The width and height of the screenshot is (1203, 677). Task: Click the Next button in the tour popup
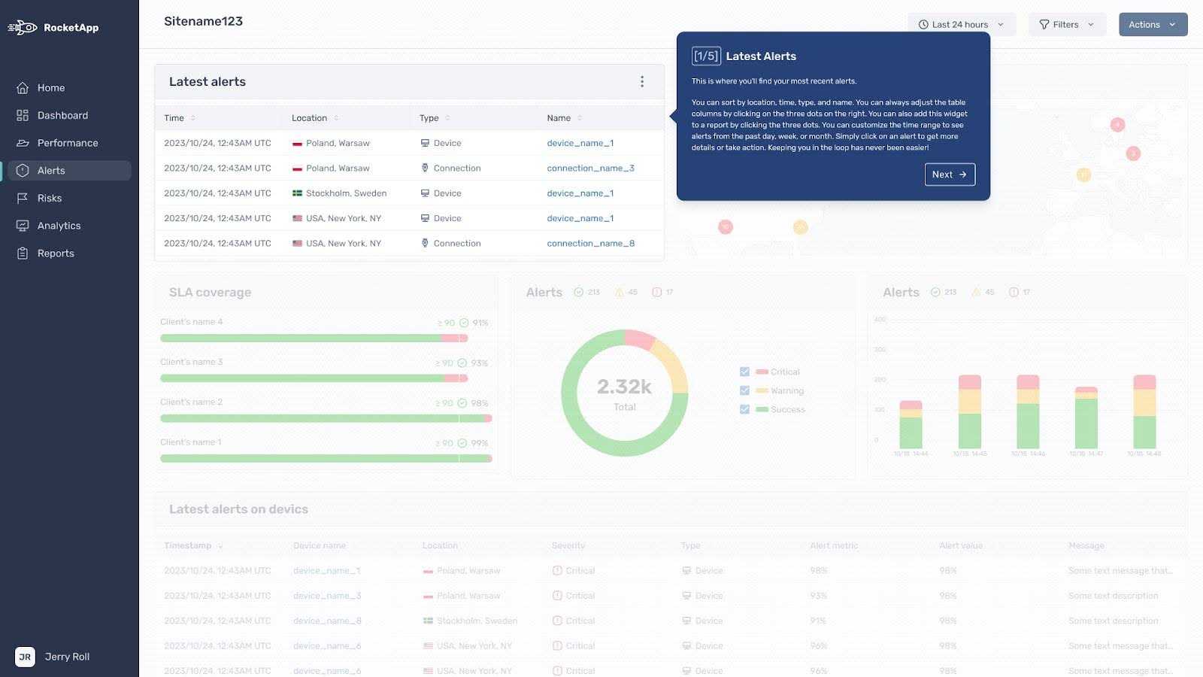(x=950, y=175)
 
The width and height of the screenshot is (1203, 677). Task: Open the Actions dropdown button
(x=1153, y=25)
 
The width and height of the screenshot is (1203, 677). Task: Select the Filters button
(x=1066, y=25)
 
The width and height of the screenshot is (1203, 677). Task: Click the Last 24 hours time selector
(x=961, y=25)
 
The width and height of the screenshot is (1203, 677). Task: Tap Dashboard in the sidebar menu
(x=62, y=116)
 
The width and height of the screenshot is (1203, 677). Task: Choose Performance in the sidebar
(x=67, y=143)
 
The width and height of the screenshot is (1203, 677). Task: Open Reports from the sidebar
(x=56, y=253)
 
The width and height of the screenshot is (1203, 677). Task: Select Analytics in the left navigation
(x=59, y=226)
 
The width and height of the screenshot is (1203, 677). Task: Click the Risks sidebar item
(x=50, y=199)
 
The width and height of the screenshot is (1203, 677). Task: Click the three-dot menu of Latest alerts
(x=642, y=82)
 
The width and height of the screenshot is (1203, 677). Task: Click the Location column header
(x=309, y=118)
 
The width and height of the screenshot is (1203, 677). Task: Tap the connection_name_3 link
(x=590, y=168)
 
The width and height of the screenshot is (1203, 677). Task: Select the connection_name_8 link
(x=590, y=244)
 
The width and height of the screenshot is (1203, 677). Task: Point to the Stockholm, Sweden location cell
(x=346, y=193)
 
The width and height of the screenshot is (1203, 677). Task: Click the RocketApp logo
(x=53, y=28)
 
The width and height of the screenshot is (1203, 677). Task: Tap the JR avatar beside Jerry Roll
(x=25, y=657)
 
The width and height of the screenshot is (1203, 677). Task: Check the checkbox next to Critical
(x=744, y=372)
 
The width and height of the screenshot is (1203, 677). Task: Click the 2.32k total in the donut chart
(x=624, y=387)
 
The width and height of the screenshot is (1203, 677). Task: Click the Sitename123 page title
(x=203, y=21)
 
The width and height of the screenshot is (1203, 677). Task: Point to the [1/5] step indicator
(x=706, y=56)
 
